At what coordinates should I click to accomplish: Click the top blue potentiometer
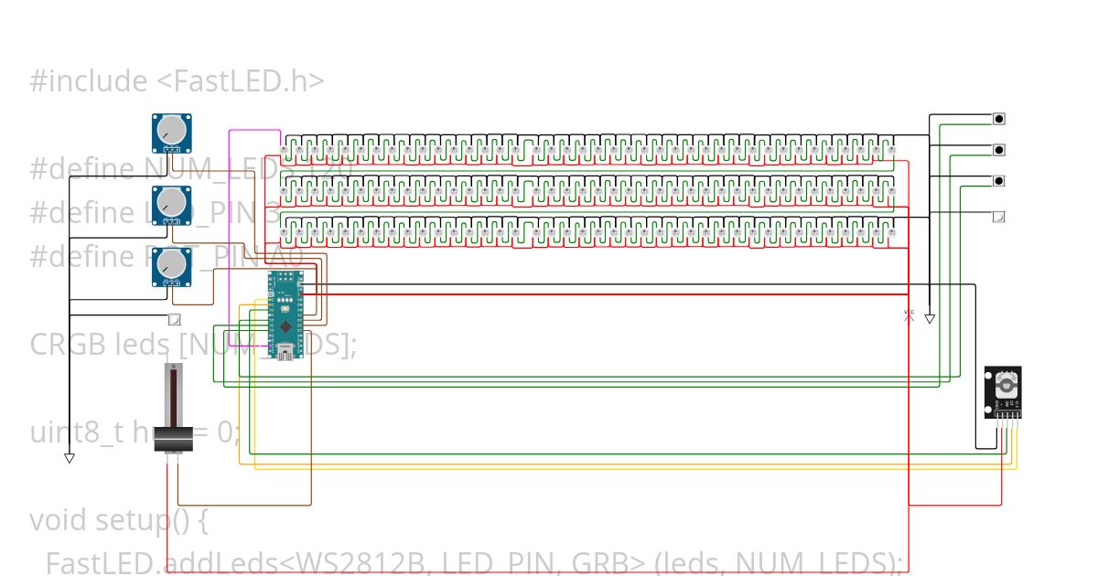(170, 132)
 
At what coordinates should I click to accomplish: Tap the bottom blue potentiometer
(170, 265)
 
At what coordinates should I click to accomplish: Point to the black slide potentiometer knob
(171, 439)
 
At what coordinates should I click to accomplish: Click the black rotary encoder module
(1003, 391)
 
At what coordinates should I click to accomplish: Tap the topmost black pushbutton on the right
(999, 118)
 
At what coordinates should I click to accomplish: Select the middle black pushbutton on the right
(999, 149)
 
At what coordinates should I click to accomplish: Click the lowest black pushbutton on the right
(999, 180)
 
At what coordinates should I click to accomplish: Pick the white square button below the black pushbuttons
(999, 217)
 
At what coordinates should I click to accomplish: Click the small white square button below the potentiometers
(175, 320)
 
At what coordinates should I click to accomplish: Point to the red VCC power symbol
(909, 315)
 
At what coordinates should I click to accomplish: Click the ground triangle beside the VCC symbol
(930, 319)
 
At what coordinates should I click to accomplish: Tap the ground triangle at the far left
(69, 458)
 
